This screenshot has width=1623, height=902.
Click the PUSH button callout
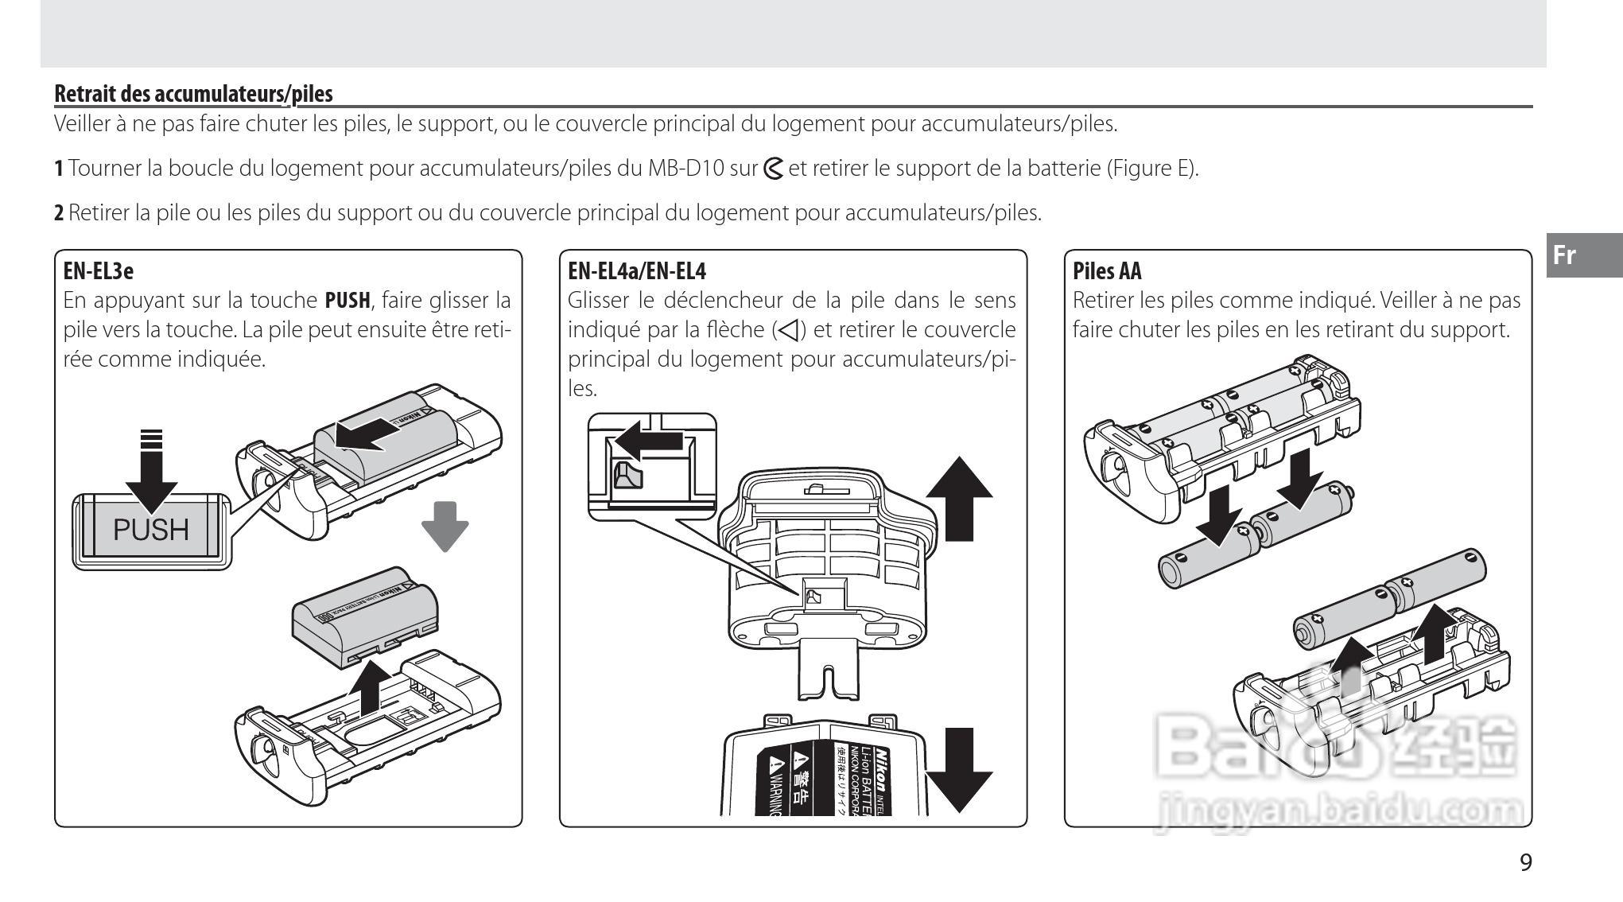(151, 530)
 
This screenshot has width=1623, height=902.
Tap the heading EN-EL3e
(98, 271)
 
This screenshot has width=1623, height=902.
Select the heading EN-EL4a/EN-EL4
(636, 271)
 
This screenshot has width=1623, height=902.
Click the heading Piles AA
(1106, 271)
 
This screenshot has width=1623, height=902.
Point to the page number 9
(1525, 862)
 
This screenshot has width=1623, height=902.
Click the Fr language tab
(1564, 255)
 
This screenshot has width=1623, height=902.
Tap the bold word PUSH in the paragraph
(348, 301)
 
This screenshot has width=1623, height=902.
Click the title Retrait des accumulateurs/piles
(193, 94)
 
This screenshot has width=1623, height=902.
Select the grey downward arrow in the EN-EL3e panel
(445, 526)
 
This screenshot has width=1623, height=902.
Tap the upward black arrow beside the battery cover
(959, 498)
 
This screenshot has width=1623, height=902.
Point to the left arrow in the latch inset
(650, 439)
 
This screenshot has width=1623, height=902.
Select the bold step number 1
(59, 169)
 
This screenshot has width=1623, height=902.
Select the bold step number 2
(59, 213)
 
